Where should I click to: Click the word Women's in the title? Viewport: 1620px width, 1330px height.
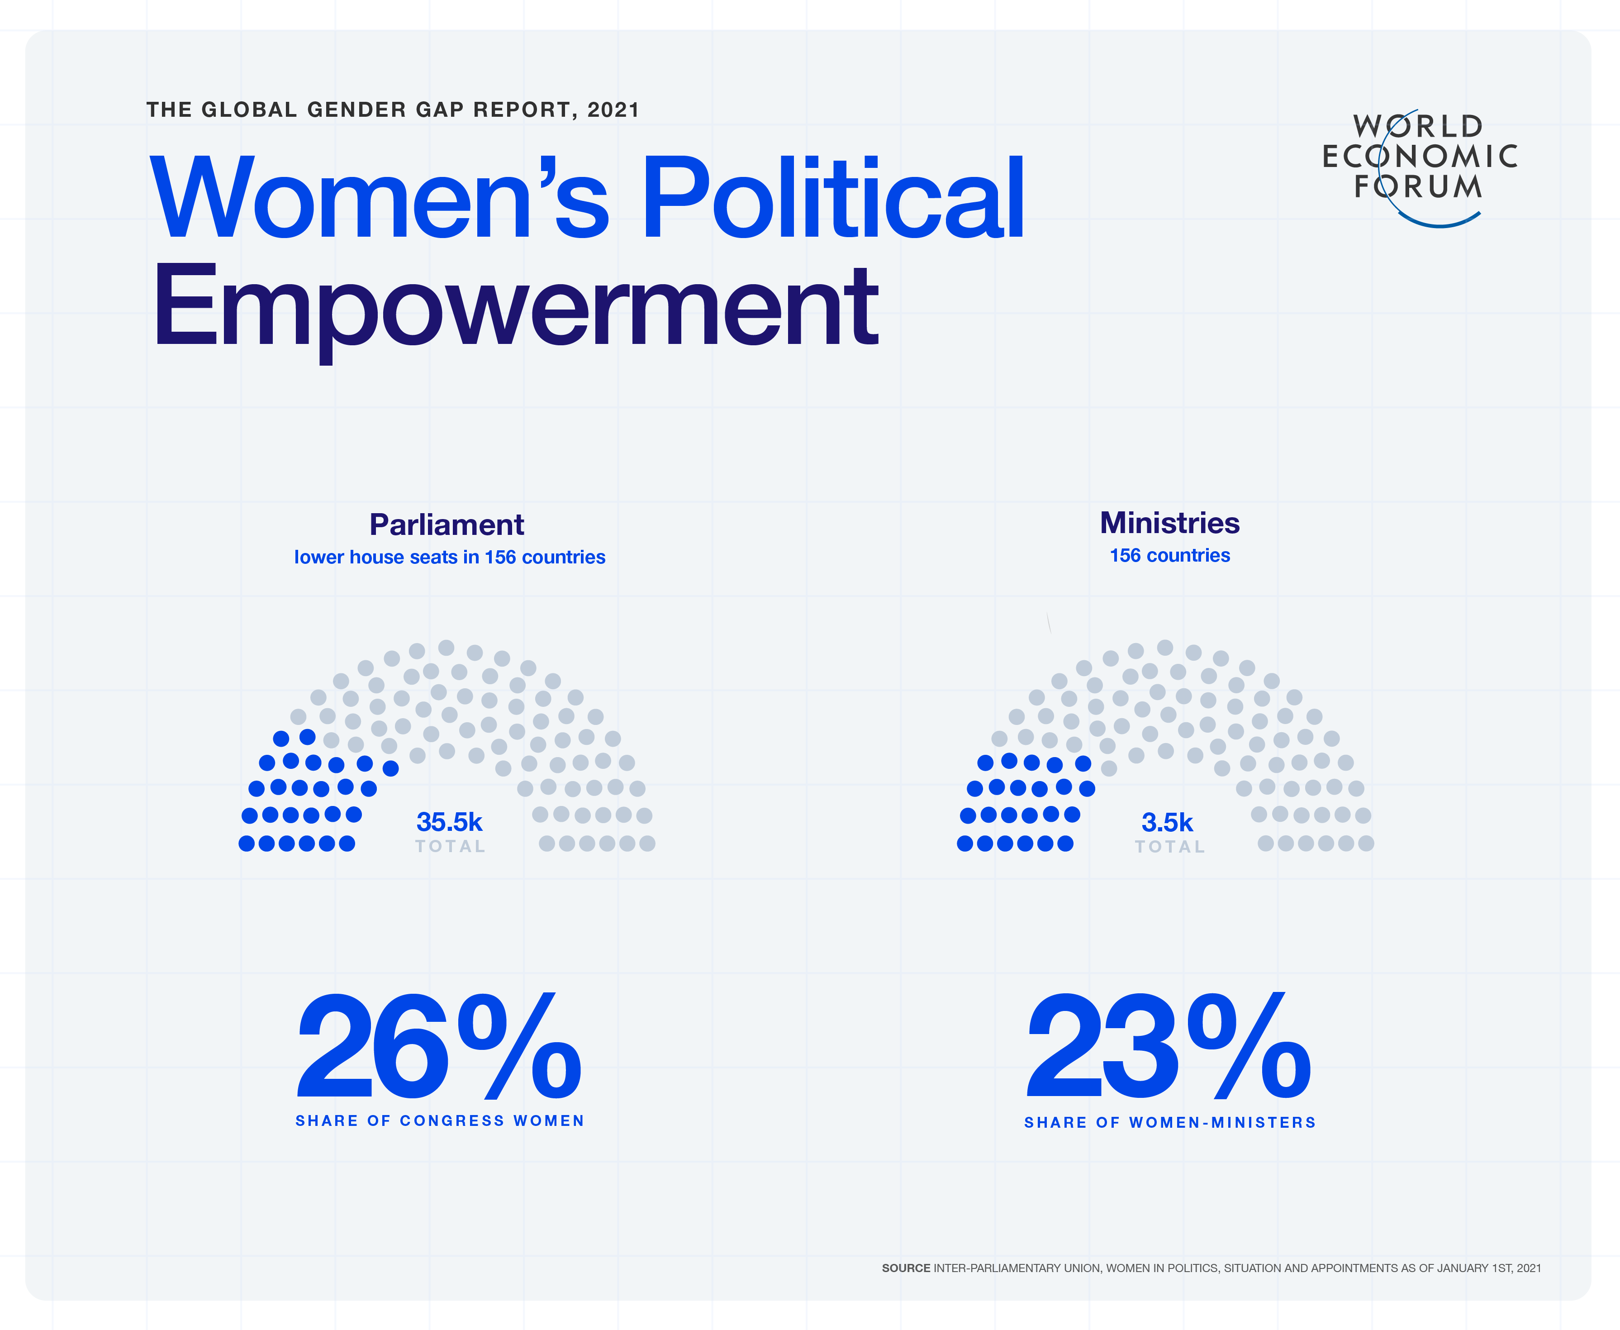(379, 198)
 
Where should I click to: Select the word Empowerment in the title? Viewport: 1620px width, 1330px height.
(515, 306)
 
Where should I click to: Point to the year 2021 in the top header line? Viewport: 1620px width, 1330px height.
(613, 110)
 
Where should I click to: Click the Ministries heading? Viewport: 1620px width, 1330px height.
(1169, 523)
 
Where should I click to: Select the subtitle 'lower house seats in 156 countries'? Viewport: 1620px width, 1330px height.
(450, 557)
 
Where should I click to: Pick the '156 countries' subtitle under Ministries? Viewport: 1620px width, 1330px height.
(1169, 555)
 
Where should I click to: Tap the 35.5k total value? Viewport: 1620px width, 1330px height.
(449, 822)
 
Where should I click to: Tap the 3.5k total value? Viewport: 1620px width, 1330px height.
(1167, 822)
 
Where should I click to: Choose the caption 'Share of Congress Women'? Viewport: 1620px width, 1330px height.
(440, 1121)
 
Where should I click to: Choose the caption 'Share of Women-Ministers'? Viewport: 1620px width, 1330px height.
(1169, 1122)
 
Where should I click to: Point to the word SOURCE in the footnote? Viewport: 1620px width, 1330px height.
(905, 1268)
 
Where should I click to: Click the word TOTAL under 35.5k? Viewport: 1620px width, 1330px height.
(451, 847)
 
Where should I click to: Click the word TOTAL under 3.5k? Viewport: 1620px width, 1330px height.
(1169, 847)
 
